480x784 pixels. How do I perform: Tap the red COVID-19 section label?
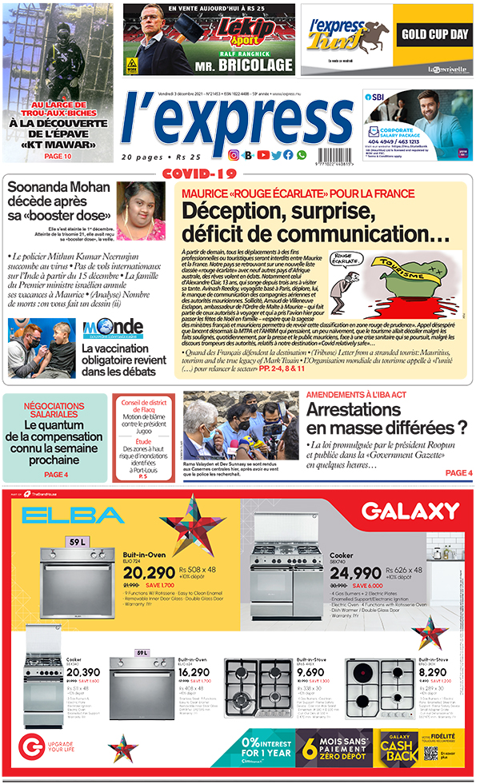[x=200, y=173]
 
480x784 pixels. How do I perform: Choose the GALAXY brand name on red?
[x=410, y=511]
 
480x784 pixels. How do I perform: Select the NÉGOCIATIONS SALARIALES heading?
[x=54, y=410]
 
